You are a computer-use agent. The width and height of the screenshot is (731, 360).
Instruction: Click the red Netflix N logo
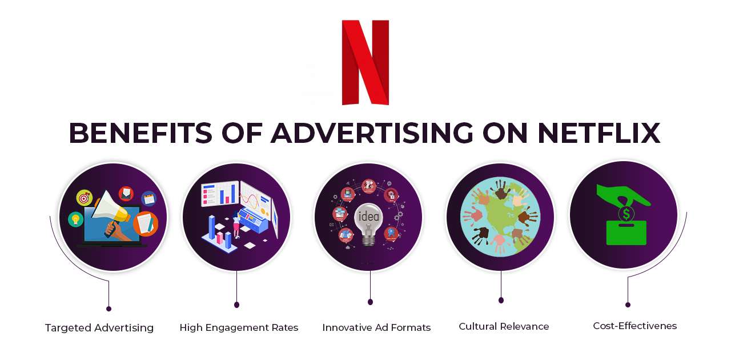click(365, 62)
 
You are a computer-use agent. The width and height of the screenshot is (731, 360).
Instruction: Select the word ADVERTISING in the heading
click(372, 133)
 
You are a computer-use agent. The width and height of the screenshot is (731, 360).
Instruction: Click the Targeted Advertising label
click(99, 328)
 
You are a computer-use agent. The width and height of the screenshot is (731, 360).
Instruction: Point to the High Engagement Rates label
click(239, 328)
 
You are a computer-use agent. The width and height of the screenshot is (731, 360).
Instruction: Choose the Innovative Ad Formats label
click(376, 328)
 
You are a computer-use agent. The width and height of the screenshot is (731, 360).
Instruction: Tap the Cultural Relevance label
click(504, 327)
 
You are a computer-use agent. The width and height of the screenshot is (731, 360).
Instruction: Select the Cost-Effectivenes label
click(634, 326)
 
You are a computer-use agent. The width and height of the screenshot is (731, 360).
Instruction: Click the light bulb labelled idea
click(368, 220)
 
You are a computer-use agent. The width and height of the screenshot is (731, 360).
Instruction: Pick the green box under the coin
click(626, 234)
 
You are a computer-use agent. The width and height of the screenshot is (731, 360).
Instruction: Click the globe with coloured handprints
click(500, 217)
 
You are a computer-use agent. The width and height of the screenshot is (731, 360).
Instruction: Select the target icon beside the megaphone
click(85, 198)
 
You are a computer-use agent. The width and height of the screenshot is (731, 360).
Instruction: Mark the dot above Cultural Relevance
click(501, 300)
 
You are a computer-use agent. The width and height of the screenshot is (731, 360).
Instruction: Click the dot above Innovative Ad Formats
click(370, 302)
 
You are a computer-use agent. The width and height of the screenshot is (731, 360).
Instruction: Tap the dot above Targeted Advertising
click(109, 309)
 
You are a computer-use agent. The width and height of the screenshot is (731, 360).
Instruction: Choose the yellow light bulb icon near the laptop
click(75, 219)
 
